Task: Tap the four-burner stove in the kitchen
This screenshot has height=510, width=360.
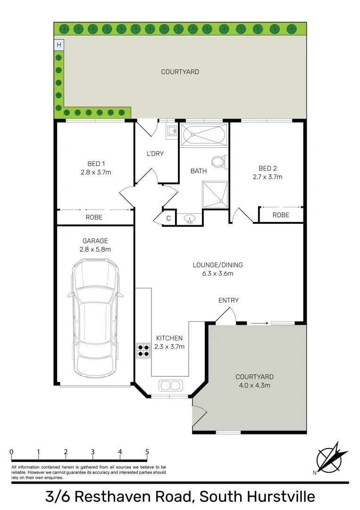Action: point(143,350)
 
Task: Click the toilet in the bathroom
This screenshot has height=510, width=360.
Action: point(220,161)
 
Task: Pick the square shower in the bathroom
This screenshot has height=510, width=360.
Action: point(215,195)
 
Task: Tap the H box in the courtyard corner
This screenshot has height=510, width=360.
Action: point(59,45)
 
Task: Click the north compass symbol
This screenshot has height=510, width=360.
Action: point(331,457)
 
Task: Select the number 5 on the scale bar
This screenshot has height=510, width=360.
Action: point(147,452)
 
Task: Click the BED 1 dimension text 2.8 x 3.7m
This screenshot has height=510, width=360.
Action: point(96,172)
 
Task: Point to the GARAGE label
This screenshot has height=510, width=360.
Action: point(95,241)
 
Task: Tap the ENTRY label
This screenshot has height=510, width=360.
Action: point(228,300)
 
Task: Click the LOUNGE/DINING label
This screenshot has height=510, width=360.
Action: point(218,265)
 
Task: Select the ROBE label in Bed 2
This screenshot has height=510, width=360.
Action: point(281,215)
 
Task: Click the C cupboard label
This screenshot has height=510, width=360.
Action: point(168,218)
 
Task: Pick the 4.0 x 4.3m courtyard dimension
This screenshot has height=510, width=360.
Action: point(255,385)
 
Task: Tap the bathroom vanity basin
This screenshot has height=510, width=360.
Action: point(189,219)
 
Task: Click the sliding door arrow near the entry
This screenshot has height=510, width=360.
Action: point(260,323)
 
